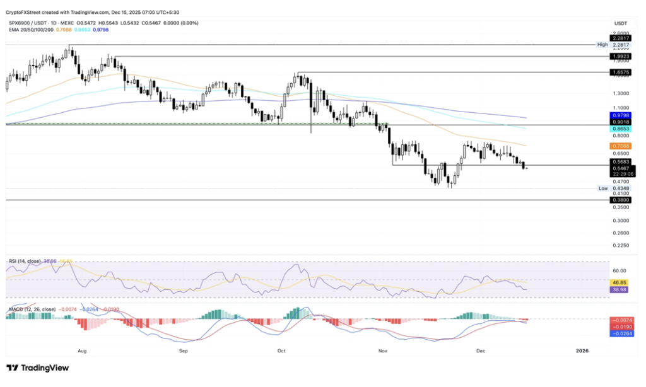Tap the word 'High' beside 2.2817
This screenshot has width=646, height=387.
[x=602, y=45]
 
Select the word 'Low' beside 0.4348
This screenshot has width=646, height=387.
[x=603, y=188]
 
